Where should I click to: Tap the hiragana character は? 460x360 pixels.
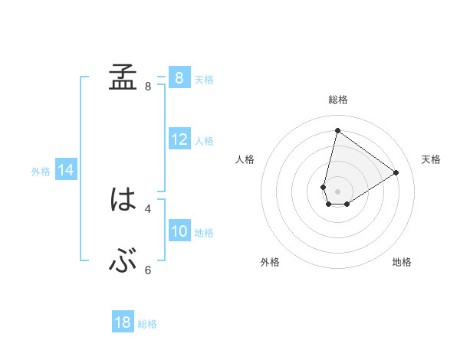click(x=123, y=201)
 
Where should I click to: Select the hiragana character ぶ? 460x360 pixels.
click(x=123, y=263)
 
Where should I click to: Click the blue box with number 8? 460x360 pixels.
click(x=179, y=77)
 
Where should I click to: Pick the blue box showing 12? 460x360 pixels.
click(x=179, y=140)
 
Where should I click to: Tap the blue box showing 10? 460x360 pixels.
click(x=179, y=232)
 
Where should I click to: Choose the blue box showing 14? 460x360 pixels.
click(x=66, y=170)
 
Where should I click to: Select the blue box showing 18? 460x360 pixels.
click(x=123, y=322)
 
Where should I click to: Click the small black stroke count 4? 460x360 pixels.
click(x=148, y=208)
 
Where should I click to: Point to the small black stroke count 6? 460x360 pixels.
click(x=148, y=270)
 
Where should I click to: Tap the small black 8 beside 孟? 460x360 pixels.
click(x=148, y=86)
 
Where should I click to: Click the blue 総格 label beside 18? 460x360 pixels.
click(x=147, y=324)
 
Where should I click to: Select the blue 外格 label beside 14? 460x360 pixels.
click(x=41, y=172)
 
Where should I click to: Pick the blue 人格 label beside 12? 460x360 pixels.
click(x=204, y=141)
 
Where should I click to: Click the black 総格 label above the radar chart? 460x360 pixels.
click(x=338, y=100)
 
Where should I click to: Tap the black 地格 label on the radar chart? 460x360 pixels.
click(x=402, y=263)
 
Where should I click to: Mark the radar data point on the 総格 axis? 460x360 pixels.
click(x=337, y=130)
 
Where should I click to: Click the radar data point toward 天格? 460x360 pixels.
click(x=396, y=172)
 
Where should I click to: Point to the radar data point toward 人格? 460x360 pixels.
click(x=324, y=187)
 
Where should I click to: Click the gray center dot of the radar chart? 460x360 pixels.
click(x=337, y=191)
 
